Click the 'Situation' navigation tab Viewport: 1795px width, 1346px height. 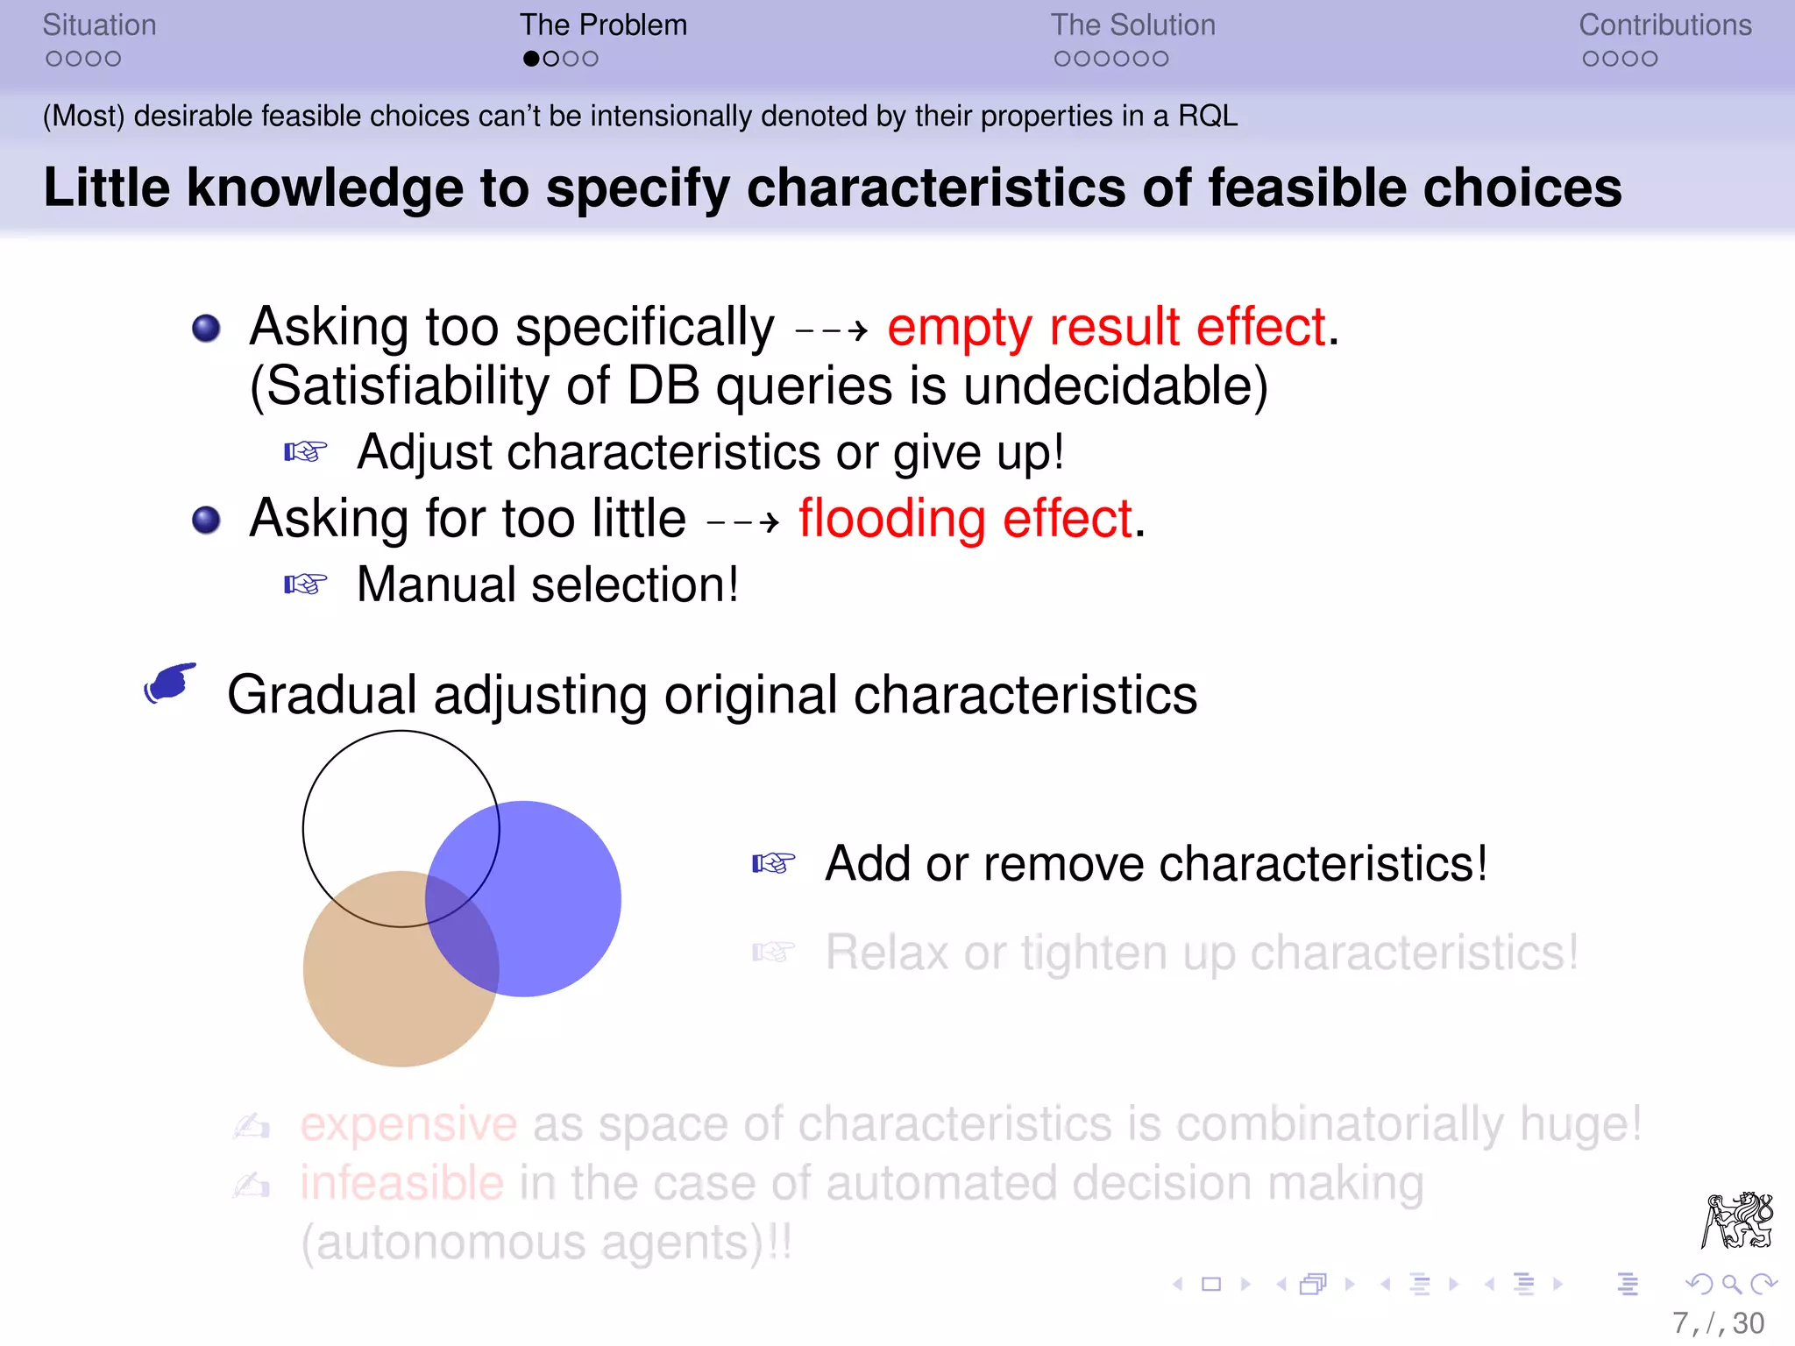[99, 25]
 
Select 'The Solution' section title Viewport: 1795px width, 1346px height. [1132, 25]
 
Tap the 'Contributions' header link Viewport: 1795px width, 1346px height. [1664, 25]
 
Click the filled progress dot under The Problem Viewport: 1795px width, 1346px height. [531, 59]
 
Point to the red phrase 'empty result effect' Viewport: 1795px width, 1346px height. [1106, 328]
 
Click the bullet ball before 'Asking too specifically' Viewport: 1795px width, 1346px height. [206, 329]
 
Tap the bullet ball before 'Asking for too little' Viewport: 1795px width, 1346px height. [206, 521]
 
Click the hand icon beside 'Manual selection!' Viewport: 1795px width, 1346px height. [306, 584]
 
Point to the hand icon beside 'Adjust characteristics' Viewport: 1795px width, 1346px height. [306, 452]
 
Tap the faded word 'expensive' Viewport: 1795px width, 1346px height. [408, 1124]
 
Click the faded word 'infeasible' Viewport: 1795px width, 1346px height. [401, 1184]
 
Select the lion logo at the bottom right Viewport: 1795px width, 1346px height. [1737, 1220]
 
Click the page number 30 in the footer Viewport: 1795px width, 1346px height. [1748, 1323]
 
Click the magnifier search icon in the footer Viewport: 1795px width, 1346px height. [1731, 1285]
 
